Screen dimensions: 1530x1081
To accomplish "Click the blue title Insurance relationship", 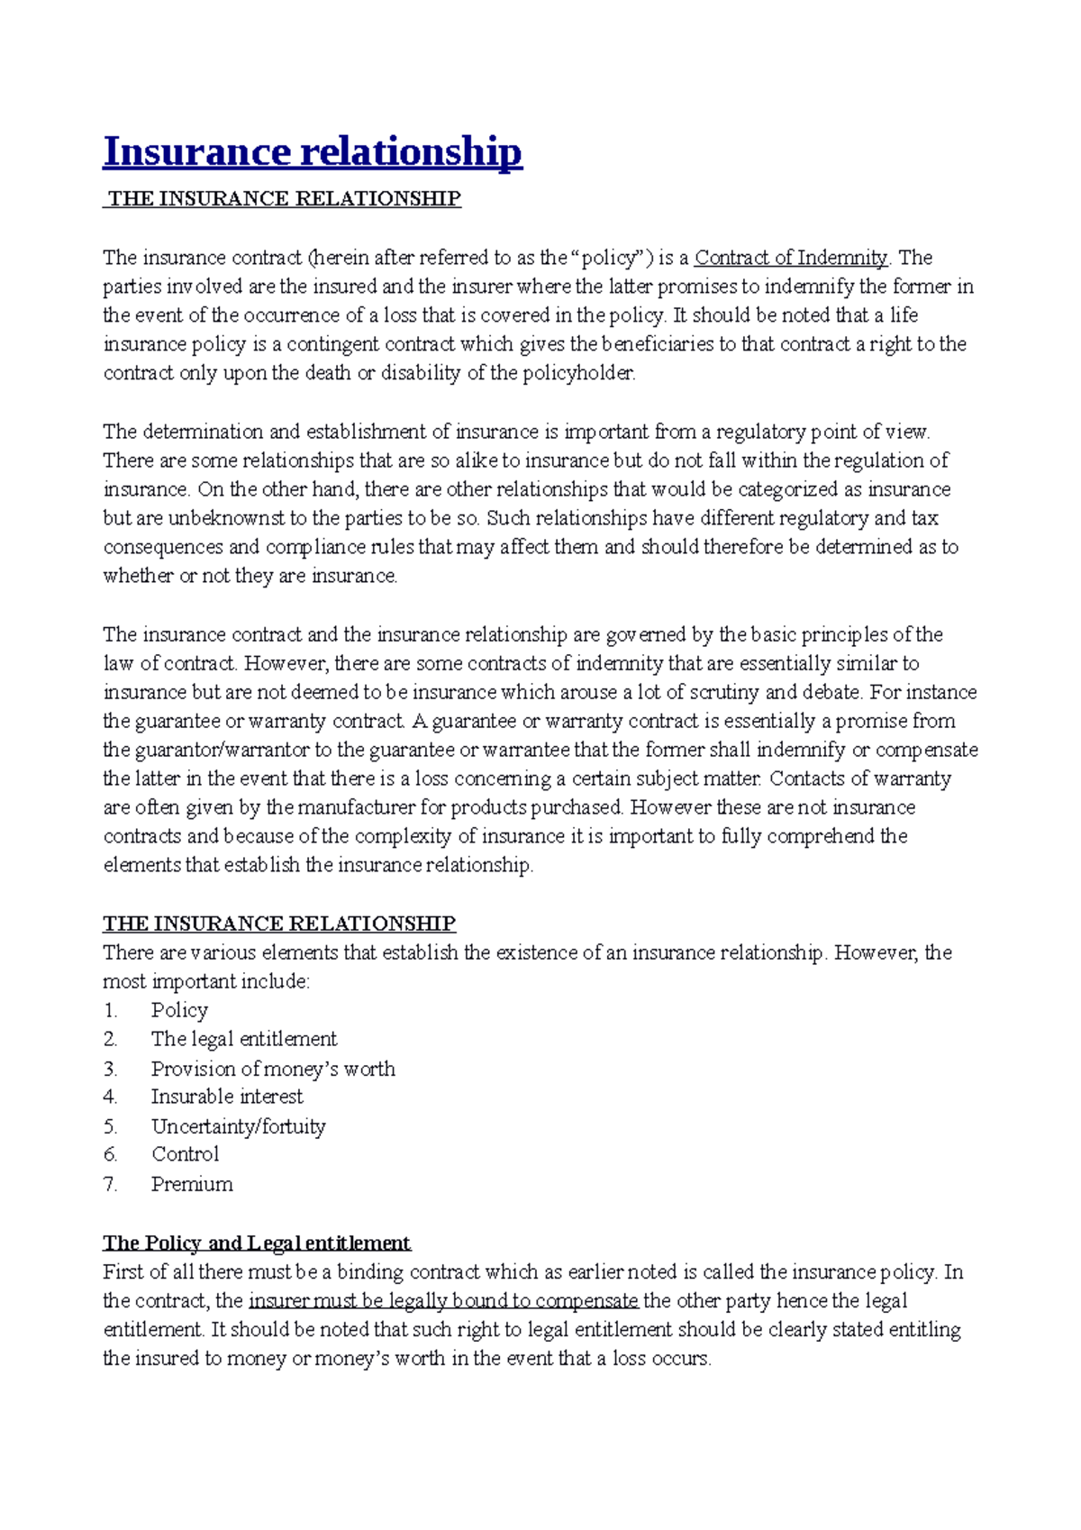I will coord(312,151).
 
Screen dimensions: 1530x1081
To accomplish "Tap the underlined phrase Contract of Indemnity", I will coord(791,258).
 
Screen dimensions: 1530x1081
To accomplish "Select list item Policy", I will coord(179,1010).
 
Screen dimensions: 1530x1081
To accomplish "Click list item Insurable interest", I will coord(227,1097).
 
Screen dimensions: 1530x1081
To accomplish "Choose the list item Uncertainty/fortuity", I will coord(238,1126).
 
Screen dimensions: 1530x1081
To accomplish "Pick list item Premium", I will coord(192,1184).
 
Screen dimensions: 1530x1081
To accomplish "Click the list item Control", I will coord(185,1154).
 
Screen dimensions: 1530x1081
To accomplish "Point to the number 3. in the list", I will coord(110,1069).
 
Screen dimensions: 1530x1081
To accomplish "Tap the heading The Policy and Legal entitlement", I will coord(257,1243).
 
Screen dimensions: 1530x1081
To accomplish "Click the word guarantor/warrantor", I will coord(223,750).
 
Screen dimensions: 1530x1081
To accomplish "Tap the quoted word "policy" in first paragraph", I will coord(613,258).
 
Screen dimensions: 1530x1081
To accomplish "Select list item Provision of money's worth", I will coord(273,1069).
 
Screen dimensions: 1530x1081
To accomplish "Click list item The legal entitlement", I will coord(243,1039).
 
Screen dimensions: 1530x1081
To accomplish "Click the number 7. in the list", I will coord(110,1184).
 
